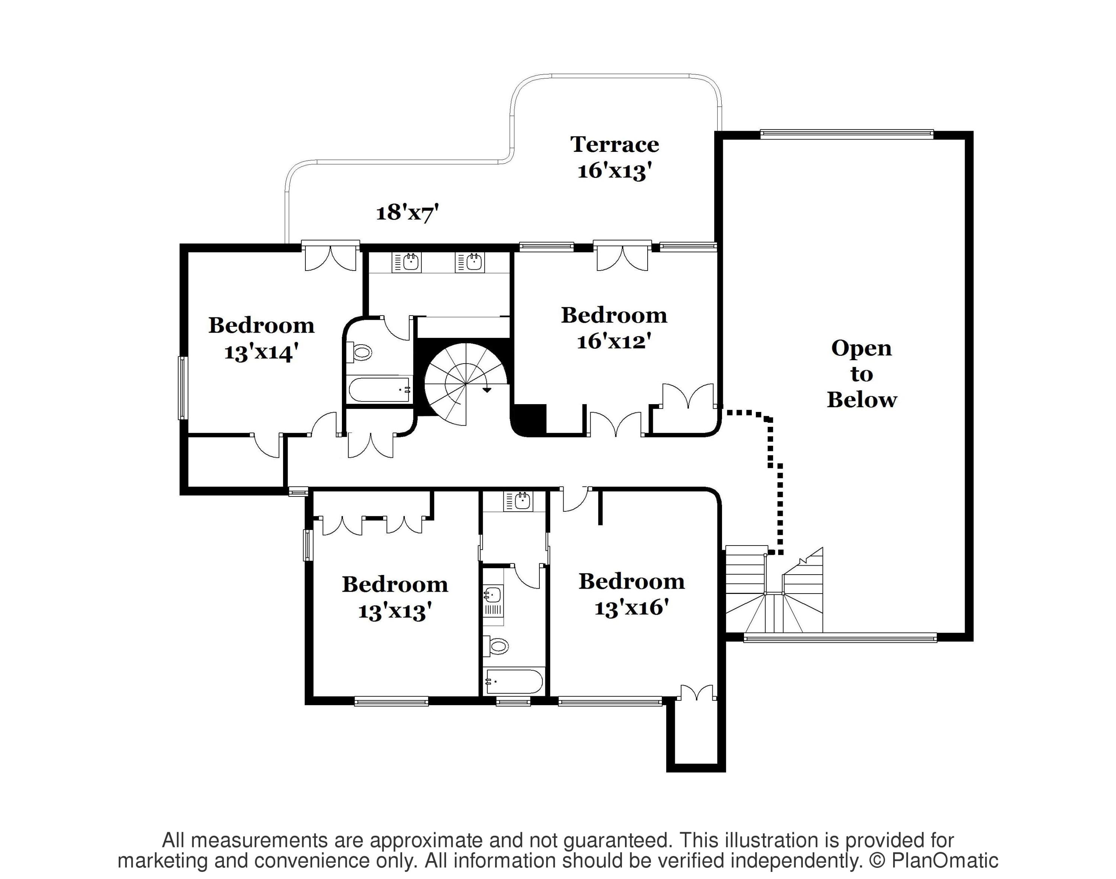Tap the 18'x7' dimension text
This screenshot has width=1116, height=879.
point(407,212)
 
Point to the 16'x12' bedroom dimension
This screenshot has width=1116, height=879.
point(614,341)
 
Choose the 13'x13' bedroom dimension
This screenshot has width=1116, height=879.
point(395,611)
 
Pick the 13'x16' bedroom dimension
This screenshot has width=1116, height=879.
point(631,608)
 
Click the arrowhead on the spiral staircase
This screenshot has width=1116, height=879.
point(486,390)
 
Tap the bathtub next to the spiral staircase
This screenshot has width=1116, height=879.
point(380,390)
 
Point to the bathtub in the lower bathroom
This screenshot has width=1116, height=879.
point(513,681)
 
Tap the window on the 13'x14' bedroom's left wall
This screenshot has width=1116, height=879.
point(182,387)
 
